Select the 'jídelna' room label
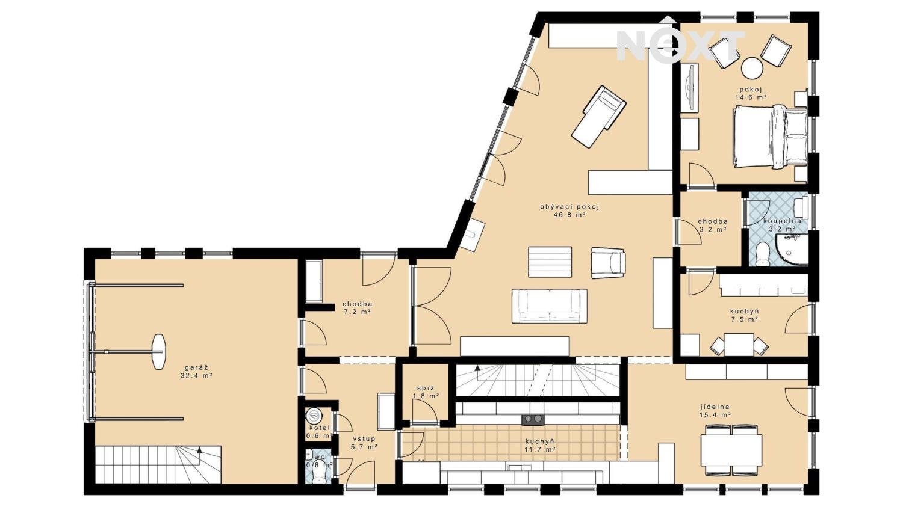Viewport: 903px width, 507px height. [x=715, y=407]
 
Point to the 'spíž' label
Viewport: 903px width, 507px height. [x=426, y=388]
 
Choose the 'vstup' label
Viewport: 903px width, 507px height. [x=364, y=439]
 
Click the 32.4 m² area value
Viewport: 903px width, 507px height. [x=196, y=376]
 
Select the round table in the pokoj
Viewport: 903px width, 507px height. [x=752, y=68]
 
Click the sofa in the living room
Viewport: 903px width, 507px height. [x=549, y=306]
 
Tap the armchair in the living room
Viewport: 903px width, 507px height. [x=608, y=263]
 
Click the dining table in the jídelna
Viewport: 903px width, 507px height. [x=731, y=450]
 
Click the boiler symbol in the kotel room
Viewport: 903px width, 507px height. [x=314, y=414]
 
